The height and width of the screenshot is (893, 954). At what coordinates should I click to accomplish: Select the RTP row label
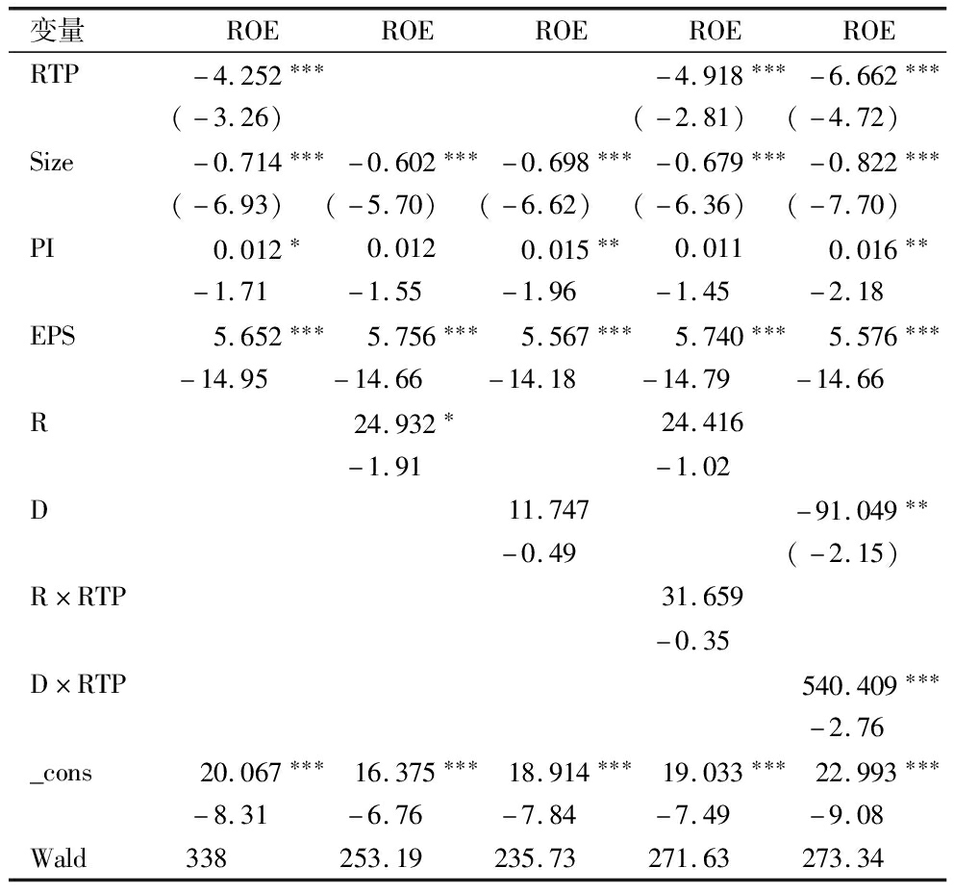click(x=54, y=75)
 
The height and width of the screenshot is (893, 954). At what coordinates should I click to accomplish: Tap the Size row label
click(x=51, y=163)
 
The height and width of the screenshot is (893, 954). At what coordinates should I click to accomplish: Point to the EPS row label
click(x=53, y=337)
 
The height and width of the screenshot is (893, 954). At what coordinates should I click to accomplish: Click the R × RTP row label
click(x=78, y=598)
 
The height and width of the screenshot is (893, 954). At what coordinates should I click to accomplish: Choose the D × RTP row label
click(x=78, y=685)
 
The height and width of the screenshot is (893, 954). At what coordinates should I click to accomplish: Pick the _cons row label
click(x=61, y=773)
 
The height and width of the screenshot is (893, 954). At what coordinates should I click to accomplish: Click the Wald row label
click(x=58, y=858)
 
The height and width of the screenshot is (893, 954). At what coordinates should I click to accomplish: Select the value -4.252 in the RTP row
click(x=237, y=75)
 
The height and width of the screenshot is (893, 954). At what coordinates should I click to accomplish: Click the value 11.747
click(x=548, y=511)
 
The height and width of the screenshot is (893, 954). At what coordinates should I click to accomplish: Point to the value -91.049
click(x=850, y=511)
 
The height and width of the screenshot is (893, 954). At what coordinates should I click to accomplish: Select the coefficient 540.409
click(x=850, y=685)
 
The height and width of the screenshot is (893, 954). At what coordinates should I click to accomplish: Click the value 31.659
click(x=702, y=598)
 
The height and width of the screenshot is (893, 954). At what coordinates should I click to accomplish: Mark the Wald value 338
click(x=207, y=858)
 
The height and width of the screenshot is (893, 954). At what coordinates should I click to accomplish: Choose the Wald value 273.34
click(x=842, y=858)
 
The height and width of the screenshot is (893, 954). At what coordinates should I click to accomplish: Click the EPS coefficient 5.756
click(x=400, y=337)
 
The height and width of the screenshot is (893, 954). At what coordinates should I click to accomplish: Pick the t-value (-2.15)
click(x=842, y=554)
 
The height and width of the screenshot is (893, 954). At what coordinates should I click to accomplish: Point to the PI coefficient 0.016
click(x=864, y=250)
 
